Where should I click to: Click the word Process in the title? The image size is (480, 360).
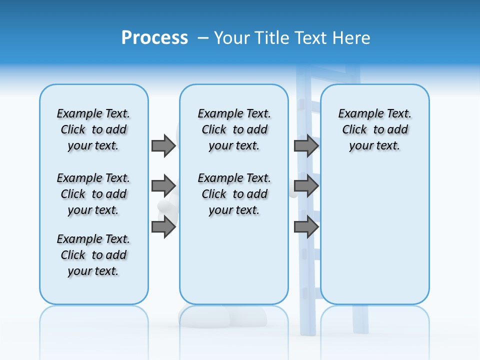pos(154,38)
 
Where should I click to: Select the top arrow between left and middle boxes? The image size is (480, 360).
pos(163,145)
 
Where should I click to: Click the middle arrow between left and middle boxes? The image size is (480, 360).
pos(163,186)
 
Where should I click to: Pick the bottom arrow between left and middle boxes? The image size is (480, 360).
pos(163,226)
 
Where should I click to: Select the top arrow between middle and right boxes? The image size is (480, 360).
pos(306,145)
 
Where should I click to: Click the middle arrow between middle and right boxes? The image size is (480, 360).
pos(306,186)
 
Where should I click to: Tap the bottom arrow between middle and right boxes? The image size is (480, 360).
pos(306,226)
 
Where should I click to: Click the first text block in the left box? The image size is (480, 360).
pos(93,129)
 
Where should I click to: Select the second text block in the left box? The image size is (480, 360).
pos(93,194)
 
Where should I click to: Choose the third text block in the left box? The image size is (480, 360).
pos(93,255)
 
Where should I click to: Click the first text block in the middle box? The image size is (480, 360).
pos(234,129)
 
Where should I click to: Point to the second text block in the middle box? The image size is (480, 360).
pos(234,194)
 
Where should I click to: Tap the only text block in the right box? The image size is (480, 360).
pos(374,129)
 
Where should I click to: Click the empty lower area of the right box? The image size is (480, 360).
pos(374,240)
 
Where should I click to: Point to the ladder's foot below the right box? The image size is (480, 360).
pos(360,320)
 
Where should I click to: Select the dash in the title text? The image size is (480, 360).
pos(203,38)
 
